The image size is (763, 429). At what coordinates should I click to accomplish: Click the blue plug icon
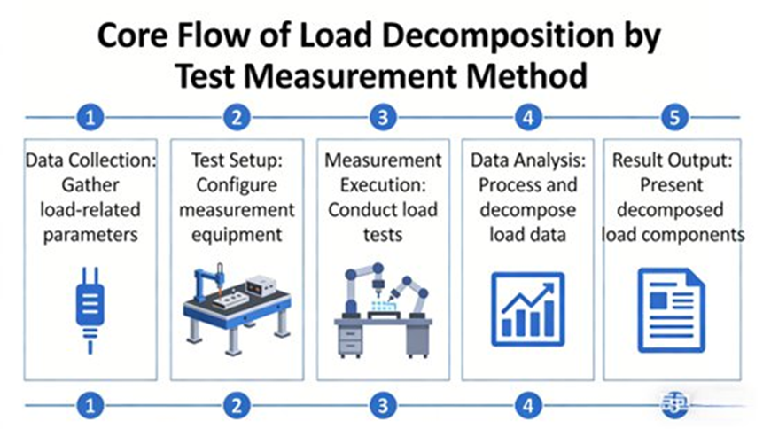[x=90, y=309]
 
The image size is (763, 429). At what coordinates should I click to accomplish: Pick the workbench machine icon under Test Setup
[x=237, y=308]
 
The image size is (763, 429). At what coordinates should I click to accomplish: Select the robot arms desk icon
[x=383, y=310]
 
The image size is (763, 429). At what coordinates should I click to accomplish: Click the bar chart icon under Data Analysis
[x=528, y=309]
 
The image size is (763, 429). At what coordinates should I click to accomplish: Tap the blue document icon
[x=672, y=309]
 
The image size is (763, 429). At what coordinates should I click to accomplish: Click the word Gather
[x=90, y=185]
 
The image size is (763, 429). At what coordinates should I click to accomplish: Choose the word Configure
[x=237, y=185]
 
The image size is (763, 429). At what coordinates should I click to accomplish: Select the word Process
[x=503, y=185]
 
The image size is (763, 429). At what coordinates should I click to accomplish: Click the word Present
[x=672, y=185]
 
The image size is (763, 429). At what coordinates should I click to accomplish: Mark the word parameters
[x=90, y=235]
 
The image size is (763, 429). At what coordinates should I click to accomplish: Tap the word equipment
[x=237, y=235]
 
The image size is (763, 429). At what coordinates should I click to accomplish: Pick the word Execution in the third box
[x=383, y=185]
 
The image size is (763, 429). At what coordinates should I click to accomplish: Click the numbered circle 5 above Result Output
[x=674, y=117]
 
